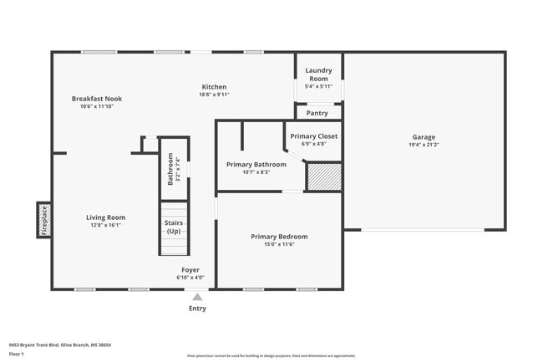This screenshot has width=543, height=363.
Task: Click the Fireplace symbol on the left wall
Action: tap(44, 220)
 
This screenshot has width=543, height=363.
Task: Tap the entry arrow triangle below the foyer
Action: tap(197, 296)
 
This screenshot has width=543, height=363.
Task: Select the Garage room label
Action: tap(424, 137)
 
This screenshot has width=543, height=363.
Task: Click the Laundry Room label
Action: tap(319, 74)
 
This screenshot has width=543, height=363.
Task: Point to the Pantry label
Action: tap(317, 112)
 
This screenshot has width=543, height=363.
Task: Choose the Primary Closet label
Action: tap(313, 135)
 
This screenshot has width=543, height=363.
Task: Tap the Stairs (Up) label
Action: tap(174, 227)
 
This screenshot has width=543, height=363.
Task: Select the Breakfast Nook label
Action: tap(96, 99)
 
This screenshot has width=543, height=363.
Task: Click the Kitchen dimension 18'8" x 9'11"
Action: tap(214, 95)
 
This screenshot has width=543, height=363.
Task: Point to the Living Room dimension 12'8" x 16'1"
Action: tap(105, 225)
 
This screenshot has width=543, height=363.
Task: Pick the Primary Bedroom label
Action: tap(279, 237)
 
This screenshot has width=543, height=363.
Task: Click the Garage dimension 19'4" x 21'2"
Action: tap(424, 145)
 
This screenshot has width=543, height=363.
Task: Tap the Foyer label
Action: tap(190, 270)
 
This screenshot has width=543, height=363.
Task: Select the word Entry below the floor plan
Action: tap(197, 308)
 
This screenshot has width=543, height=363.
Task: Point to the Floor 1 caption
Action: tap(17, 354)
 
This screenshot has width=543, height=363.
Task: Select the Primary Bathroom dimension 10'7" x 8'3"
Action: tap(256, 172)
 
